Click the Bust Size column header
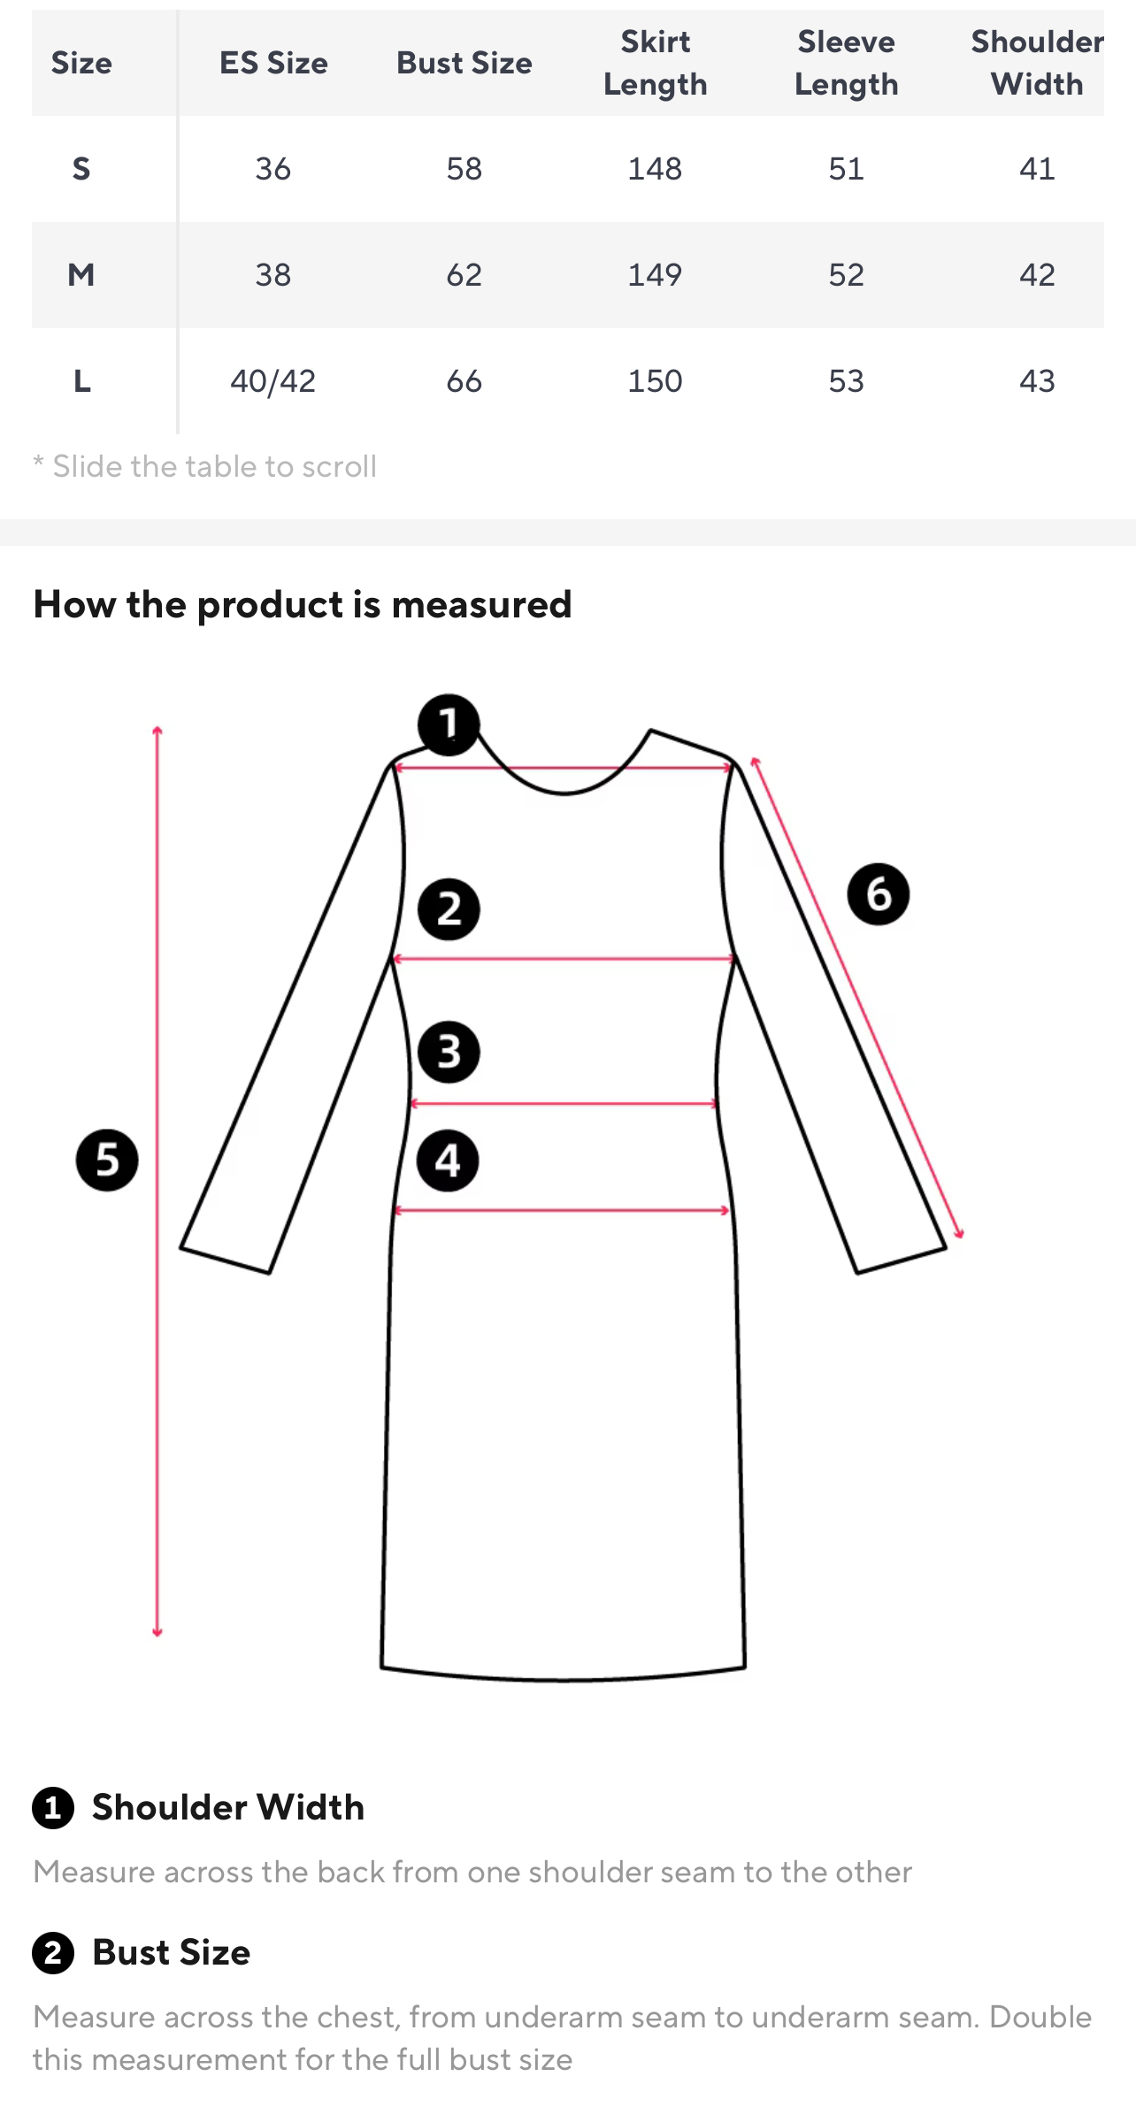click(x=464, y=63)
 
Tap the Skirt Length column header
click(x=655, y=63)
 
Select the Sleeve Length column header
click(x=846, y=63)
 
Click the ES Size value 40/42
click(x=272, y=381)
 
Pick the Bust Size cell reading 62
click(x=464, y=275)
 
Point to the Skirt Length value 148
click(x=655, y=169)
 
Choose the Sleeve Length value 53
click(x=846, y=381)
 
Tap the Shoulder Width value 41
click(x=1037, y=169)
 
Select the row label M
click(x=81, y=275)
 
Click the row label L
click(x=81, y=381)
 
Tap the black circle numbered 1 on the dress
click(x=449, y=724)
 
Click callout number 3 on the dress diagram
click(x=449, y=1053)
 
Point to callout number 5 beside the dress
click(x=107, y=1160)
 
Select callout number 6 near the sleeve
click(x=879, y=894)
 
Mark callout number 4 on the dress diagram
click(x=448, y=1161)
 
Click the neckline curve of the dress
click(x=564, y=793)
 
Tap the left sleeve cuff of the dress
click(x=225, y=1260)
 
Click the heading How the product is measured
click(x=303, y=605)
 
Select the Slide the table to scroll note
click(x=205, y=466)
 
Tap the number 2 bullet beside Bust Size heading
click(x=53, y=1952)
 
